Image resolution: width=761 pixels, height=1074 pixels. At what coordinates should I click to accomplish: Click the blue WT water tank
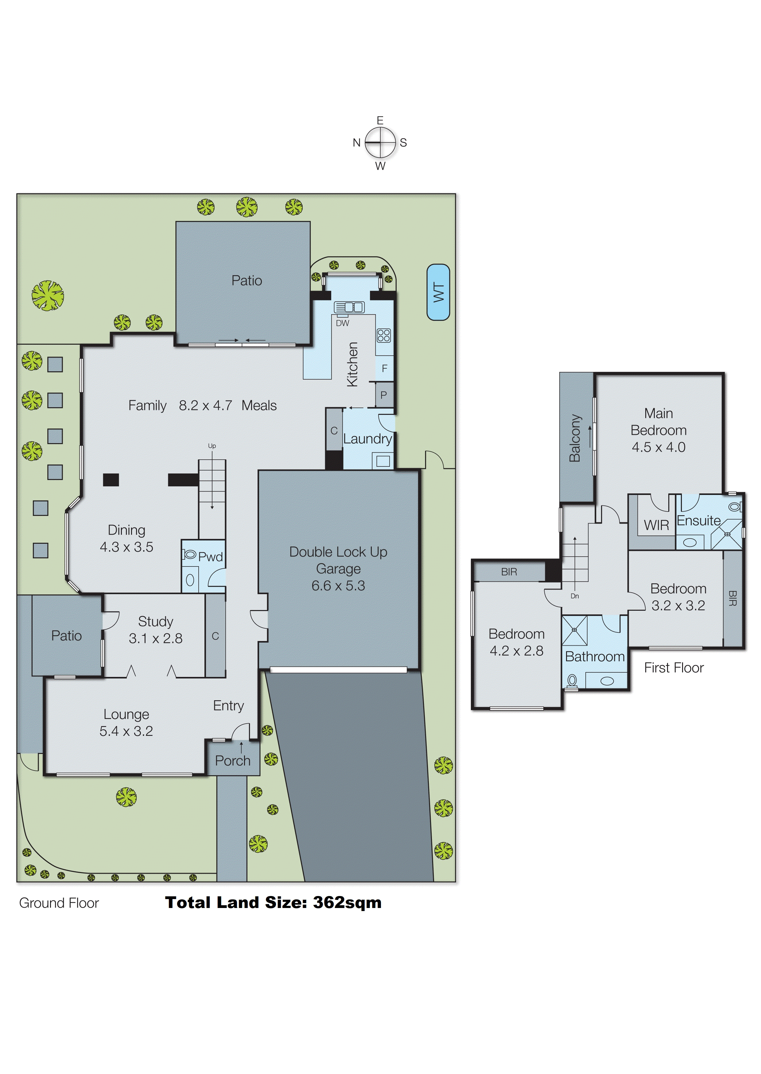pos(438,292)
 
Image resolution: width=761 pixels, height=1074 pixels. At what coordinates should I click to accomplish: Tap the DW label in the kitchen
pos(343,323)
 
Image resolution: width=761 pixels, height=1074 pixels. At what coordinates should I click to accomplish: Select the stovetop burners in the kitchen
pos(383,335)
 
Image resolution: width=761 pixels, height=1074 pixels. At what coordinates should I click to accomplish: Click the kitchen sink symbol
pos(349,307)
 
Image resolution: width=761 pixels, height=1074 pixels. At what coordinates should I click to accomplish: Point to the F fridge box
pos(384,369)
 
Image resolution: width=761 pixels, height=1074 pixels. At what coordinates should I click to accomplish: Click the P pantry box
pos(383,395)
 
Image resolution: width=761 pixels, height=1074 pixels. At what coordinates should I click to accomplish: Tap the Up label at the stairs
pos(212,446)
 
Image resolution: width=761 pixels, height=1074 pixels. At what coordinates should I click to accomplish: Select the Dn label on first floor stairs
pos(574,596)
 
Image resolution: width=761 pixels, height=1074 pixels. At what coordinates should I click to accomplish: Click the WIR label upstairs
pos(656,525)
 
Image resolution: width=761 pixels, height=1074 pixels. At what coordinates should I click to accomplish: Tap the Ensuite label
pos(698,520)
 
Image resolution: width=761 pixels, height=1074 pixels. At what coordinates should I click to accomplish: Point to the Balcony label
pos(575,438)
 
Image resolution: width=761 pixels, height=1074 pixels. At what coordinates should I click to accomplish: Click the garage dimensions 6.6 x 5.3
pos(338,585)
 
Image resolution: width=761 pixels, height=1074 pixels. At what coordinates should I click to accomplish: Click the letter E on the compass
pos(380,120)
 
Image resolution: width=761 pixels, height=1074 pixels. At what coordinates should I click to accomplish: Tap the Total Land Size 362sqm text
pos(273,902)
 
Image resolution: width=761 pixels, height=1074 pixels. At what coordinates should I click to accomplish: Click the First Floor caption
pos(674,668)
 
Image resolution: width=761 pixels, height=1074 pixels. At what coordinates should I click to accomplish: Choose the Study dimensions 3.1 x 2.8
pos(156,638)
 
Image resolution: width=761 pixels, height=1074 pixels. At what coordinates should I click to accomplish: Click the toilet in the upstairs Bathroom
pos(572,681)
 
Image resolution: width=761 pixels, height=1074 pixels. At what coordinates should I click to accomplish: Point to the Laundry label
pos(367,439)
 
